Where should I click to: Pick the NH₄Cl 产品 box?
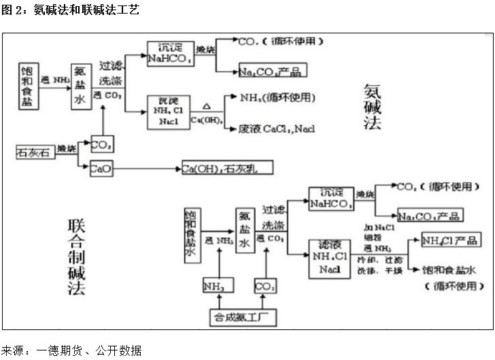click(x=451, y=240)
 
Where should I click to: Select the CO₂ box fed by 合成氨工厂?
click(x=264, y=286)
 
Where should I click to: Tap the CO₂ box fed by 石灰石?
click(x=101, y=144)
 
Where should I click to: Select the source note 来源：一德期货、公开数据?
click(x=72, y=350)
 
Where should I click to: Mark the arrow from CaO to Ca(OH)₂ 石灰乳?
click(x=147, y=167)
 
